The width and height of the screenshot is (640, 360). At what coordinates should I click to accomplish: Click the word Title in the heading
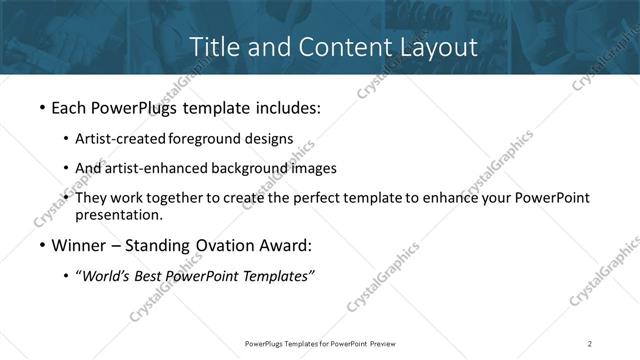point(212,46)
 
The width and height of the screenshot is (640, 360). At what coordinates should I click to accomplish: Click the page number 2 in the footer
point(590,343)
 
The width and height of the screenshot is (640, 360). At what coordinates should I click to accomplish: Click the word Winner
point(77,246)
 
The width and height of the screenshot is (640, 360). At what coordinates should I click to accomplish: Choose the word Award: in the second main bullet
point(283,246)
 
